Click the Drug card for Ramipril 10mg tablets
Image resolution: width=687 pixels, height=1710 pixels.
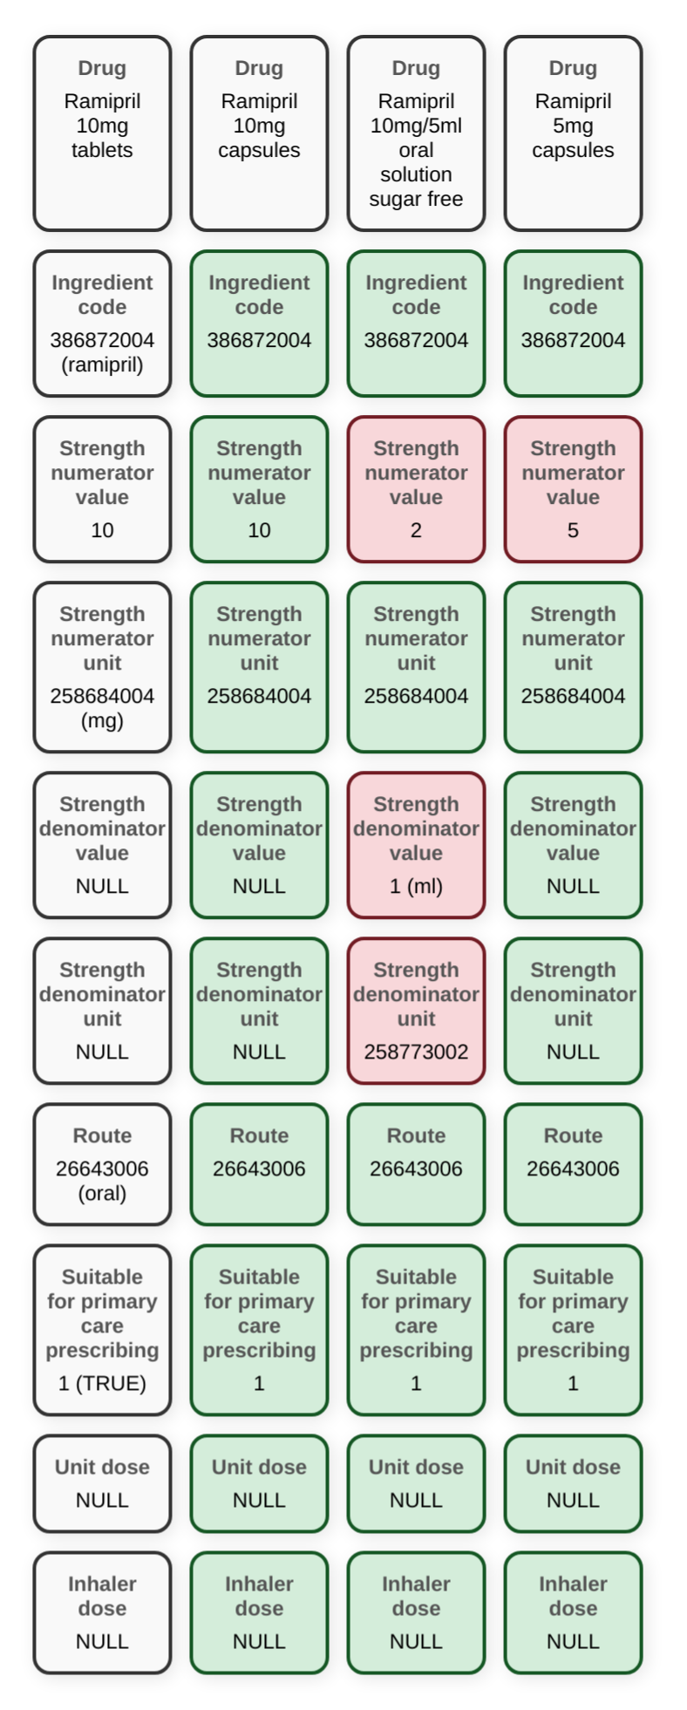point(102,133)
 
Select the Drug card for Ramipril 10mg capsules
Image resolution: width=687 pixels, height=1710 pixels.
point(259,133)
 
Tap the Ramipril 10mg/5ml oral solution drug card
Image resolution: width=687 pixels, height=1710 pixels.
point(416,133)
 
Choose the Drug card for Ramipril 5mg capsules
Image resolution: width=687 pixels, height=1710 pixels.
point(573,133)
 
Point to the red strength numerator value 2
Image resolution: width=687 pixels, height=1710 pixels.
point(416,489)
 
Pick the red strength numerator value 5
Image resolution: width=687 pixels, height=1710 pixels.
point(573,489)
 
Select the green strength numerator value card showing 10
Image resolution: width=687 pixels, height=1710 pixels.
point(259,489)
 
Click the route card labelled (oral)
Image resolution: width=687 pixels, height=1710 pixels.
point(102,1164)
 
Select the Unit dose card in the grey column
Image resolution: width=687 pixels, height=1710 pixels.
point(102,1483)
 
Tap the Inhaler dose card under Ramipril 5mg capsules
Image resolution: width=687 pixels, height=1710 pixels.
point(573,1612)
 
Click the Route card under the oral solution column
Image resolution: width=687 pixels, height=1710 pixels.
point(416,1164)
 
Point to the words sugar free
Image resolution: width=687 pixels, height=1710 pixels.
point(416,199)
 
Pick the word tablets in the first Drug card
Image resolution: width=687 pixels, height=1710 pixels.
point(102,150)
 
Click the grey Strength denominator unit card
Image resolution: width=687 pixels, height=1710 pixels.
point(102,1011)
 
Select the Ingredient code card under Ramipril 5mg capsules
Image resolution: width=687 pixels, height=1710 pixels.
point(573,324)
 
